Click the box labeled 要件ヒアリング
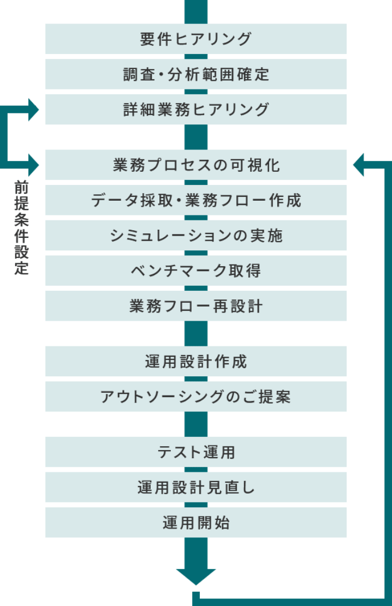[x=195, y=39]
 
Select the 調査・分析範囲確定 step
[x=195, y=74]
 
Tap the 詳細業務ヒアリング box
[x=195, y=109]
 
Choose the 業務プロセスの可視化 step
[x=195, y=165]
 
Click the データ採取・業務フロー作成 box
[x=195, y=200]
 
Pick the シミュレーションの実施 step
[x=195, y=235]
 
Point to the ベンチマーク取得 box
[x=195, y=271]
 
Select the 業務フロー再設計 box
[x=195, y=305]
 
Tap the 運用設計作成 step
[x=195, y=361]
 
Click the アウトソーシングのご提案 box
[x=195, y=397]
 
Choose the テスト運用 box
[x=195, y=452]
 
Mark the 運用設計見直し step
[x=195, y=487]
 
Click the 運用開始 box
[x=195, y=523]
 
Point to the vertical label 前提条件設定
[x=22, y=228]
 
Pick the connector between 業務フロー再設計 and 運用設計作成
[x=196, y=333]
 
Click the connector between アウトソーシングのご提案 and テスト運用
[x=196, y=424]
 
